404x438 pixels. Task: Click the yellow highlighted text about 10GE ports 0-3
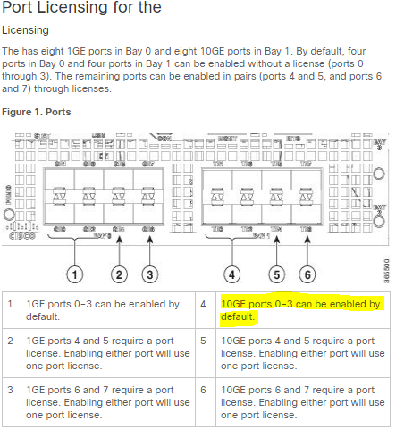pos(299,311)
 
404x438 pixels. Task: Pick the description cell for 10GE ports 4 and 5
pos(299,354)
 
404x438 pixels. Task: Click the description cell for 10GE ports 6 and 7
pos(299,402)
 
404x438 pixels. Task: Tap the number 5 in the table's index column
pos(205,341)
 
